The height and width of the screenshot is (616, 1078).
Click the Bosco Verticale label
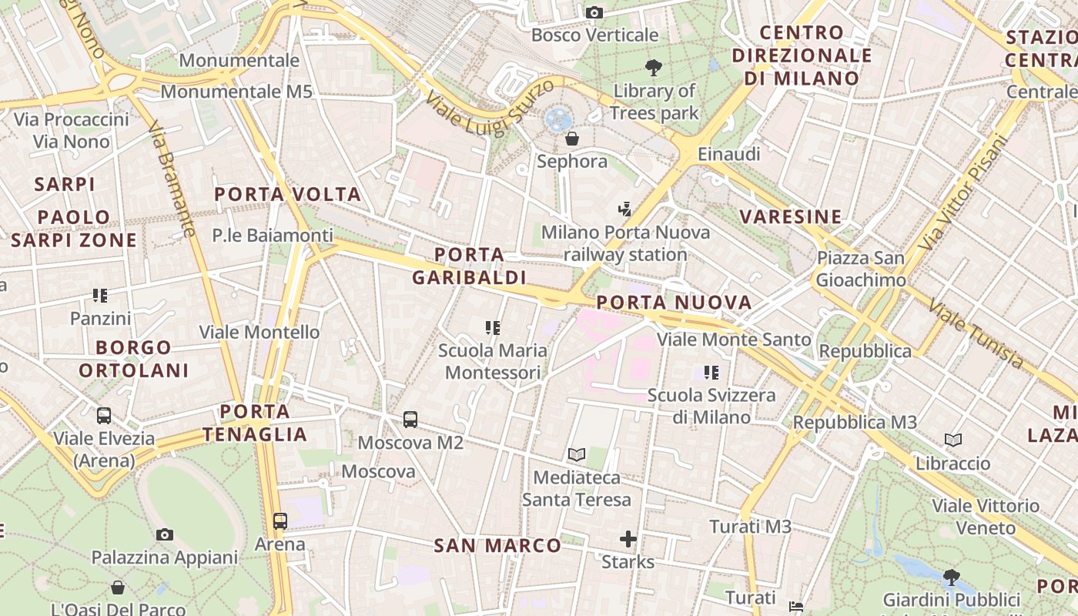[594, 35]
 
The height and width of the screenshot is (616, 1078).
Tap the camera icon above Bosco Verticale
[594, 12]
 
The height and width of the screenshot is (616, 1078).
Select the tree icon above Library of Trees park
[654, 68]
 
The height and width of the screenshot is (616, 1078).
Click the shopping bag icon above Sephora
[571, 139]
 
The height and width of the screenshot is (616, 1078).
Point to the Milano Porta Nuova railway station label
[625, 243]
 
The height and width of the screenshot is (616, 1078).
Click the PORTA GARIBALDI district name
[469, 266]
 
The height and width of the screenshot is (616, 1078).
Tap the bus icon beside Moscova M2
[410, 420]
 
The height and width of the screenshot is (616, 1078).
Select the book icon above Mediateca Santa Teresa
[576, 454]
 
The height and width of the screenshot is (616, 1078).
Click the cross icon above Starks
[628, 538]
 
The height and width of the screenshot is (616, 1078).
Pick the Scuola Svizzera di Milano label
[711, 406]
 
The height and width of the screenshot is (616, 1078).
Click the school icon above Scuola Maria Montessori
[493, 328]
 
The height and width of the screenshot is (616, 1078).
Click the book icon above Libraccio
[953, 440]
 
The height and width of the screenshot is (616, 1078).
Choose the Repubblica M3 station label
[855, 422]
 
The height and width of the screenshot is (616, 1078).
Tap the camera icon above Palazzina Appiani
[164, 534]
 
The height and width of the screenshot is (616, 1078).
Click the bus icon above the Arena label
[280, 521]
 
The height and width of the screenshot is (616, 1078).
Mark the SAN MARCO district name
[497, 546]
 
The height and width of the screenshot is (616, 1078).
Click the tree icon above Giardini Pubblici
[952, 577]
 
